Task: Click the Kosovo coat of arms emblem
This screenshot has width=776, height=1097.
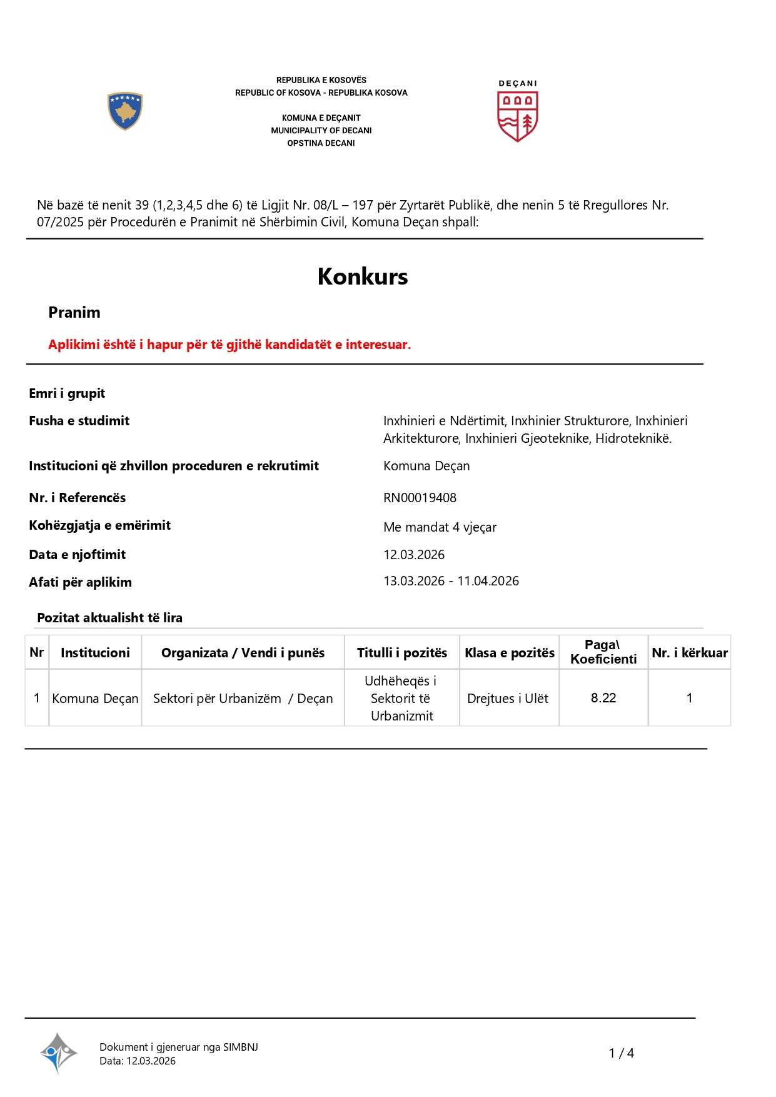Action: click(x=125, y=111)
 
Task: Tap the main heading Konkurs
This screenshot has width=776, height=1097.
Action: click(x=363, y=276)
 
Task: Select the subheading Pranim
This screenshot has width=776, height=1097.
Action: click(x=74, y=312)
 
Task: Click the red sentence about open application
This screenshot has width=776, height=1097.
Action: click(x=229, y=345)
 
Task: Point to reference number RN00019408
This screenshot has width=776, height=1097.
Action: click(x=420, y=498)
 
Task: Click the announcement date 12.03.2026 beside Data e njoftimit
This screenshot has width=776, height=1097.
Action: click(x=414, y=555)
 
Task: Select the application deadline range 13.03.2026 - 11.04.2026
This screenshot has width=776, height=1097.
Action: click(x=451, y=581)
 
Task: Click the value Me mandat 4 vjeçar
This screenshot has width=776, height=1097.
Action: click(x=440, y=527)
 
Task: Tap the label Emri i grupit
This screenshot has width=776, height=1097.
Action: click(x=67, y=393)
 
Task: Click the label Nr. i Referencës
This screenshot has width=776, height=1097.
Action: click(x=77, y=498)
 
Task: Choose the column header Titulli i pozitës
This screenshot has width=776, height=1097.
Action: click(x=401, y=653)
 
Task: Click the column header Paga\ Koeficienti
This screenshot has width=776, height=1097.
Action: click(x=603, y=652)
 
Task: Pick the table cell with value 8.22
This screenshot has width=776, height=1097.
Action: click(x=603, y=698)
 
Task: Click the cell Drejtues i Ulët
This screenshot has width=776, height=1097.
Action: click(x=508, y=699)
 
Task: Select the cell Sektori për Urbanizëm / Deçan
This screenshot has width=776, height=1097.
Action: click(x=243, y=699)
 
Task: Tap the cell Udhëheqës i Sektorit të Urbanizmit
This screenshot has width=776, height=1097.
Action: click(x=401, y=699)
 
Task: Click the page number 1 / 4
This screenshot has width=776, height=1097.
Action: click(x=621, y=1053)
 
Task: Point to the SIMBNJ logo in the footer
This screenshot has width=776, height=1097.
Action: click(x=58, y=1053)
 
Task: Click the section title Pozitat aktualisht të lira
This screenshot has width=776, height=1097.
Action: click(x=109, y=618)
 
